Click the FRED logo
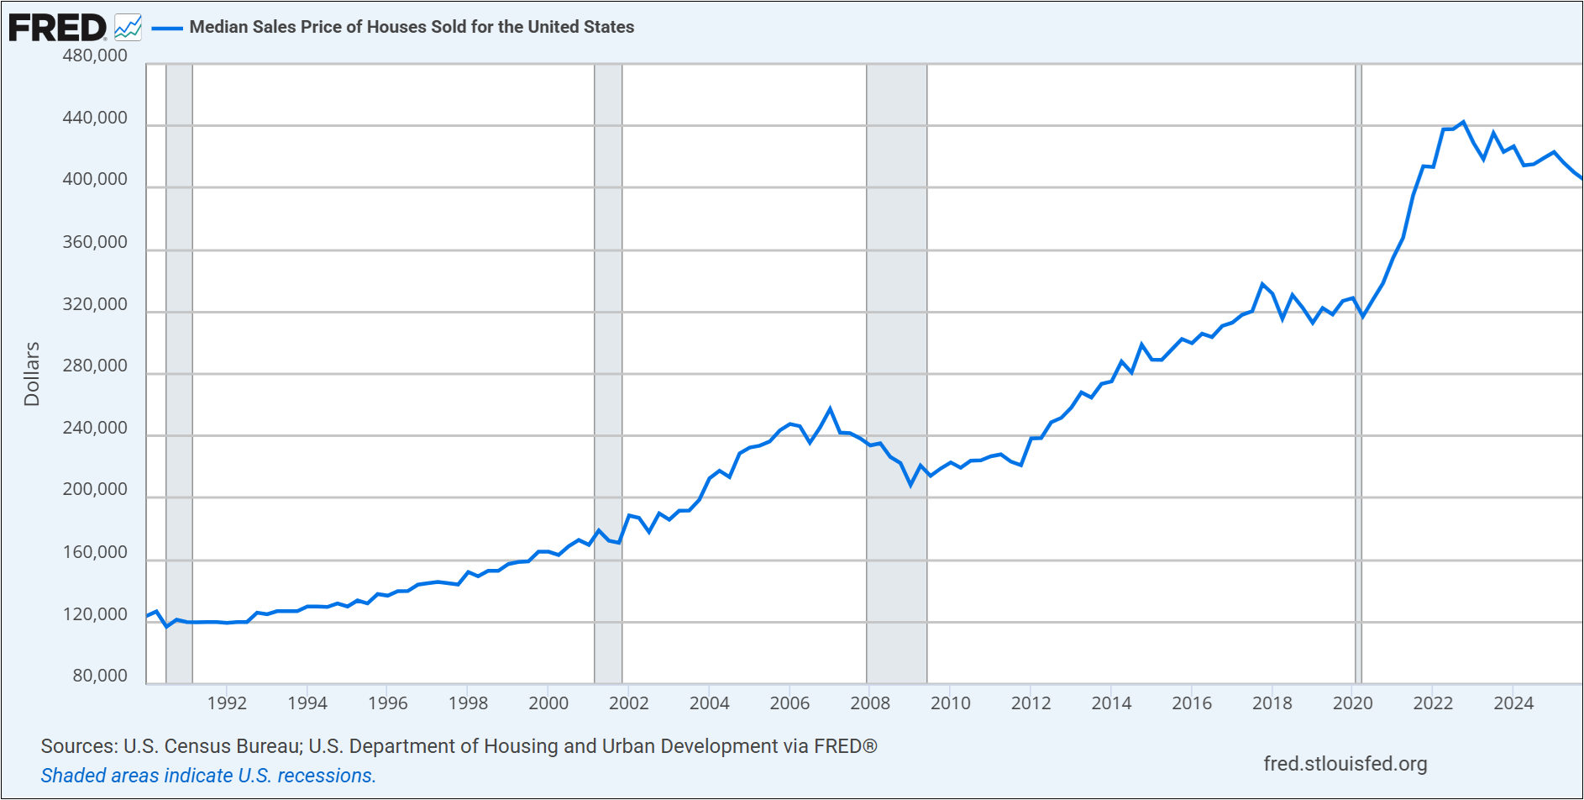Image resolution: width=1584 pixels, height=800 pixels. [57, 28]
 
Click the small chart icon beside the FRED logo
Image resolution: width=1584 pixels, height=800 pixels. [129, 28]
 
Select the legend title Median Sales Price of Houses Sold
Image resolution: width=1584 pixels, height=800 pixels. [412, 27]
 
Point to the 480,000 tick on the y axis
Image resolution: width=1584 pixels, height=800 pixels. [95, 55]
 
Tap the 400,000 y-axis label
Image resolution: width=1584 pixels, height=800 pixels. [95, 179]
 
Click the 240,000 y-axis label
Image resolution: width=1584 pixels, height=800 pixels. [95, 428]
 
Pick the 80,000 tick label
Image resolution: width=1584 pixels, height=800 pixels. [100, 676]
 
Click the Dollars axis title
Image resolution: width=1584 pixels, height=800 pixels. [32, 374]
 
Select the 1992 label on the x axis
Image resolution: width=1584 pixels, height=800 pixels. [227, 703]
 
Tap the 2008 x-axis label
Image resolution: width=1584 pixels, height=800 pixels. [870, 703]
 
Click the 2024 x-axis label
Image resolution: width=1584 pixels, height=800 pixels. [1513, 703]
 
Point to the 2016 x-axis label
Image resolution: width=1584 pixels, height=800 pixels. [1192, 703]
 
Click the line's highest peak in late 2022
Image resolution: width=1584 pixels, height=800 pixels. [1463, 123]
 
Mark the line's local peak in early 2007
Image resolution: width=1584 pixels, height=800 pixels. [830, 409]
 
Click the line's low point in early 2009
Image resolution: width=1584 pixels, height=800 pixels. [910, 485]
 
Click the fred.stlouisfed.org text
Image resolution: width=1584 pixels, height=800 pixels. [1345, 764]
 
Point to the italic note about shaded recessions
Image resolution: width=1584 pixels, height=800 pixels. [208, 776]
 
